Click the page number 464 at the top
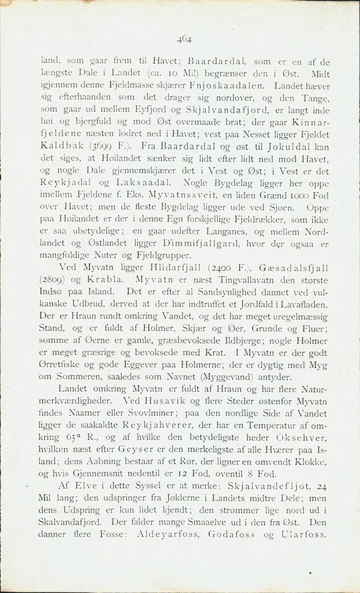click(x=183, y=39)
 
